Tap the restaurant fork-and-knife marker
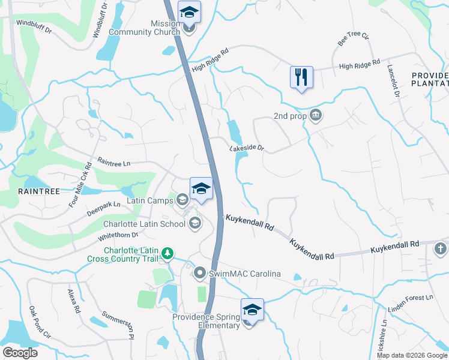tap(301, 77)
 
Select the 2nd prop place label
tap(291, 116)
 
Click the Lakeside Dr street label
tap(246, 147)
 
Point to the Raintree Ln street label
tap(113, 163)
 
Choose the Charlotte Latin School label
tap(145, 224)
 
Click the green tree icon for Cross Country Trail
tap(169, 254)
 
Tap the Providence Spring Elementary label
tap(206, 321)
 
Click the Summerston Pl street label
tap(116, 325)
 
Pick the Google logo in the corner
tap(20, 352)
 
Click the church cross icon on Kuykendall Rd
tap(441, 248)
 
